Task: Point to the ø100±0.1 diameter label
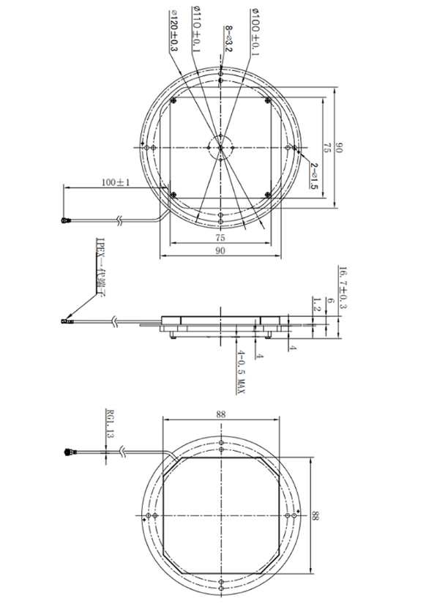255,31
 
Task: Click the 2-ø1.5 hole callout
314,176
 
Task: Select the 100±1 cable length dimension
115,182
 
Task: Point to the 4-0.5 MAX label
239,374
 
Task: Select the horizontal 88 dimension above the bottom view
221,414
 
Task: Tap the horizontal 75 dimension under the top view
220,238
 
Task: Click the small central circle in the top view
220,146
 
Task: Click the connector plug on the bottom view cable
71,453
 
